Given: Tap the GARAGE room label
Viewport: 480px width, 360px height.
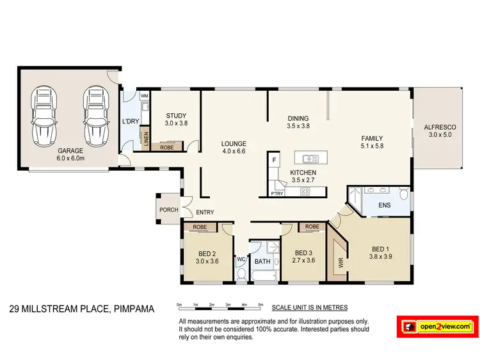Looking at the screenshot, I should [x=70, y=152].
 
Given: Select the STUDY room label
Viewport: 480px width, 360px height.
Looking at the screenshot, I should [x=175, y=116].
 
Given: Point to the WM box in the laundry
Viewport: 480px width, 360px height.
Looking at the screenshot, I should [x=145, y=96].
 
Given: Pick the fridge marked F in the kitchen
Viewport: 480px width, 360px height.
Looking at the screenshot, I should [x=273, y=160].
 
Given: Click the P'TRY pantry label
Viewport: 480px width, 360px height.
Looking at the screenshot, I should [x=276, y=193].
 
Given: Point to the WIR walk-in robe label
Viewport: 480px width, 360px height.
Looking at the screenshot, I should [x=339, y=262].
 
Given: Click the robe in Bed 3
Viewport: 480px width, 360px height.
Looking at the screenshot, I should [x=312, y=227].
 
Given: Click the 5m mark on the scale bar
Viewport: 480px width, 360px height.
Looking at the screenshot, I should [x=260, y=305].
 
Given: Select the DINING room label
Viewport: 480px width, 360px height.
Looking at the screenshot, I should [x=298, y=118].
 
